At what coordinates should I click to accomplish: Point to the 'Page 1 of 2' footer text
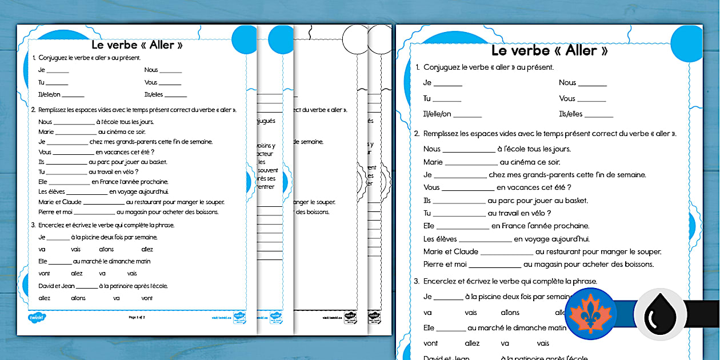137,317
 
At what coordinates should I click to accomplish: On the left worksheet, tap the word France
110,182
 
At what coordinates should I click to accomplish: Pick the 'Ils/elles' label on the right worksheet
570,114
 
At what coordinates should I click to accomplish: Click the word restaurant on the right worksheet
565,251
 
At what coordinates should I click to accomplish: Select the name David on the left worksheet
46,286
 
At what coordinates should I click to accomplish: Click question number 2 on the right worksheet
417,134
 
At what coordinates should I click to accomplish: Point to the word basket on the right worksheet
575,201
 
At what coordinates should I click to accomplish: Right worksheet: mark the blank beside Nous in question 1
592,83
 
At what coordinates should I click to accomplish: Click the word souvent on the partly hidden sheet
268,170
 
